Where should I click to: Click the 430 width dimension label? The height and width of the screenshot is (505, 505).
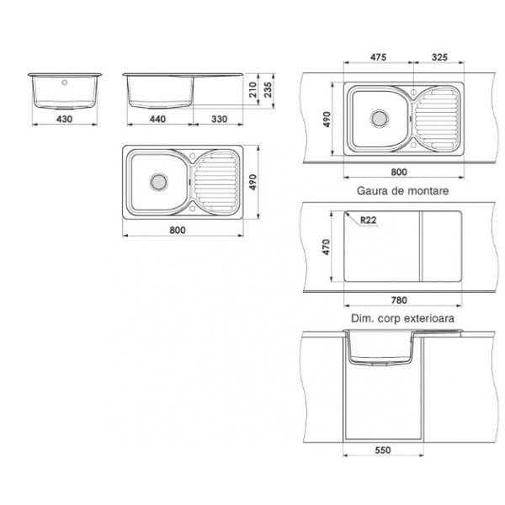[x=65, y=120]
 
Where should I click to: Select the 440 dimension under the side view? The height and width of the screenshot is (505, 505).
[x=157, y=120]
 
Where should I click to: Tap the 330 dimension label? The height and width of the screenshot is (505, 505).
[x=220, y=120]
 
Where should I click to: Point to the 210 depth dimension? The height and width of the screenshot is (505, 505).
[x=253, y=90]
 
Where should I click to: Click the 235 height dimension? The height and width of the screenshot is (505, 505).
[x=268, y=90]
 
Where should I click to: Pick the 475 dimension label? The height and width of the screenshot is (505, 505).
[x=378, y=57]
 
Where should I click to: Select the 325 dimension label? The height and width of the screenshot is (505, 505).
[x=439, y=57]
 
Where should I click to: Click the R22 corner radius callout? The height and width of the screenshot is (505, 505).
[x=368, y=221]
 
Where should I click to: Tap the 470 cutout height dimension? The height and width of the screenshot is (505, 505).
[x=327, y=247]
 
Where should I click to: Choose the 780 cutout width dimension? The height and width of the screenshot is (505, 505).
[x=399, y=300]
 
